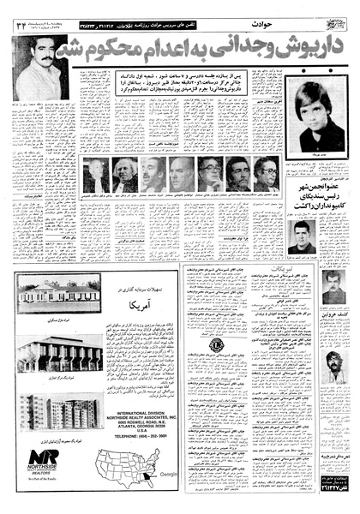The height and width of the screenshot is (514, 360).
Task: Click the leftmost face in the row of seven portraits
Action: tap(97, 174)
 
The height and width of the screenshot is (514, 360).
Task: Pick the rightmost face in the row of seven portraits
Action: tap(266, 174)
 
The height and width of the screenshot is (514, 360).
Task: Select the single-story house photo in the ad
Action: tap(51, 292)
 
